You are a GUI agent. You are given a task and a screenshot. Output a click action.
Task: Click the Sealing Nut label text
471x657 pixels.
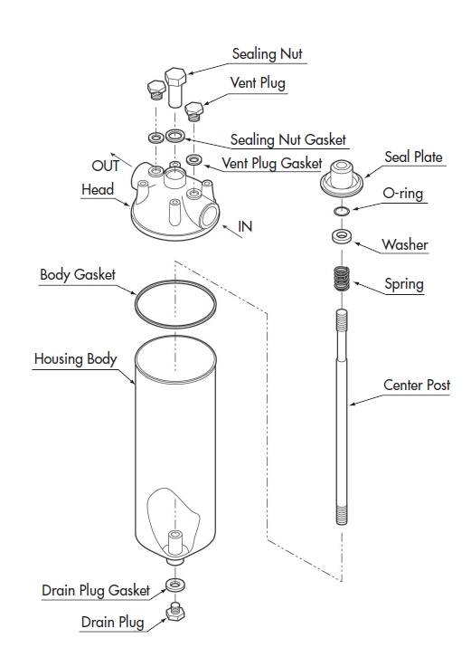point(267,54)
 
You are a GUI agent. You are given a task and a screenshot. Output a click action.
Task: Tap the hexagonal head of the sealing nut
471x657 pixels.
point(175,77)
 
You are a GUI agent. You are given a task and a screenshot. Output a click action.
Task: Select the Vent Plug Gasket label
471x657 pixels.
point(272,164)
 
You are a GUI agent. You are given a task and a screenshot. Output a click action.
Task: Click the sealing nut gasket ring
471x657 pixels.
point(175,136)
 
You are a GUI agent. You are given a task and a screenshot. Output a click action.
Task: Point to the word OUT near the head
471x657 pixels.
point(105,166)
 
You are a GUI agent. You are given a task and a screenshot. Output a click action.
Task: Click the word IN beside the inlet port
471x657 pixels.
point(245,226)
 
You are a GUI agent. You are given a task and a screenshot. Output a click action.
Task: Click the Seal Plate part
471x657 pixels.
point(342,177)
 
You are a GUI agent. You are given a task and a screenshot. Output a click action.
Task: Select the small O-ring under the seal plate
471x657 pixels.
point(342,211)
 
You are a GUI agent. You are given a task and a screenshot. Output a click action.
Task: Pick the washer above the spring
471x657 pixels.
point(342,236)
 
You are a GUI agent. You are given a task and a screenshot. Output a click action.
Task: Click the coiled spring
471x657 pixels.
point(342,279)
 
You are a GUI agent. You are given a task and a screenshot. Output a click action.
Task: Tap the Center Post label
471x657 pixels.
point(417,386)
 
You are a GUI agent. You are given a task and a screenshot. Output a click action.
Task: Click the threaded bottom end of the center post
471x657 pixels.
point(342,515)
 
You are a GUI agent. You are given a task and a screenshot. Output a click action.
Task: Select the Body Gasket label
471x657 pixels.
point(78,275)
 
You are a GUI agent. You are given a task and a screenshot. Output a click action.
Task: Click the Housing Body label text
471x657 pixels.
point(75,359)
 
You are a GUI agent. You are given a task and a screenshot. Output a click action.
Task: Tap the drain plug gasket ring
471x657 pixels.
point(175,585)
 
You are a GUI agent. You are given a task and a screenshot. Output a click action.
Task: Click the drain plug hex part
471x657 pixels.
point(175,612)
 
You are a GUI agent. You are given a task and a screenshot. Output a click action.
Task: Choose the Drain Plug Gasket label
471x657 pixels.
point(96,591)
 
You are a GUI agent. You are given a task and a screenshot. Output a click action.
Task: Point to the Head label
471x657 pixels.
point(98,189)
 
